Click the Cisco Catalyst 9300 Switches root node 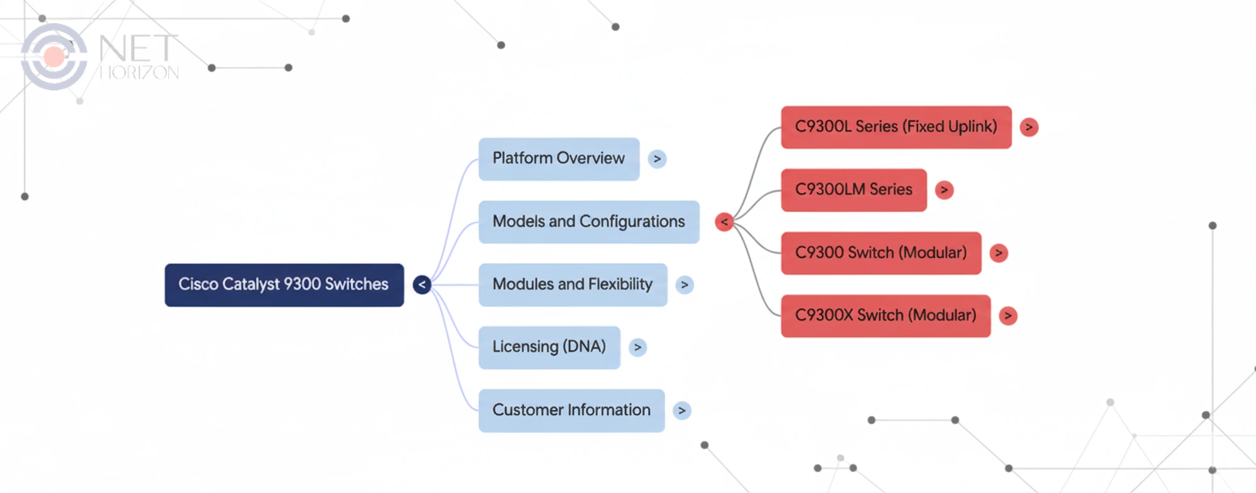(x=284, y=284)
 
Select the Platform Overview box (x=558, y=159)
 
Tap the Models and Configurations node (x=588, y=222)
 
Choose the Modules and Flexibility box (x=572, y=284)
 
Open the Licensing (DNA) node (x=549, y=347)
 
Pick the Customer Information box (x=571, y=410)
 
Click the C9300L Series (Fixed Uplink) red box (x=896, y=127)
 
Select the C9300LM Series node (x=853, y=190)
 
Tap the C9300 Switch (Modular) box (x=880, y=252)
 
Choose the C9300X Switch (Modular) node (x=885, y=315)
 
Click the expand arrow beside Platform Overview (x=657, y=159)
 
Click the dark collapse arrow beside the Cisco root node (x=422, y=284)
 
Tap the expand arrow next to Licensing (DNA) (x=637, y=347)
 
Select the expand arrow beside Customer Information (x=681, y=410)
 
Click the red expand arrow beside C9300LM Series (x=944, y=190)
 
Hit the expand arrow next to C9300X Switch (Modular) (x=1008, y=315)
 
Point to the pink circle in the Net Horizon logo (x=54, y=57)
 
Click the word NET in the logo (x=138, y=48)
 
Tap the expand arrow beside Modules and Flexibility (x=685, y=284)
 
